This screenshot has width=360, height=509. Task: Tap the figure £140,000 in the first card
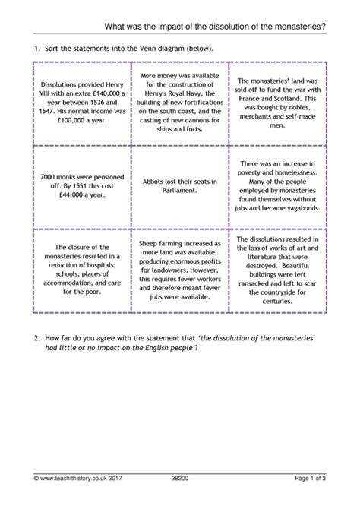tap(102, 94)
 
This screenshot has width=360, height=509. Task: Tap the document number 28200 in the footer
tap(180, 497)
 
